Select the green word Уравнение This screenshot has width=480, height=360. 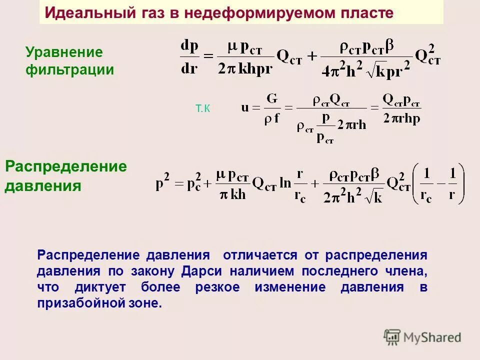64,52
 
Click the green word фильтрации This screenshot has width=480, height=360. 70,69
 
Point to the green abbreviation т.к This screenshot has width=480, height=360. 203,109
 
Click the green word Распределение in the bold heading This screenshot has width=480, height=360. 66,166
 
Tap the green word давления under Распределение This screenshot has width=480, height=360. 43,186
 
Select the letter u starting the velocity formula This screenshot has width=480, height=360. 245,107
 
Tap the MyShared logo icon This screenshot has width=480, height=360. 392,337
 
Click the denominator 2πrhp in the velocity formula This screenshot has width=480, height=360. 402,118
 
